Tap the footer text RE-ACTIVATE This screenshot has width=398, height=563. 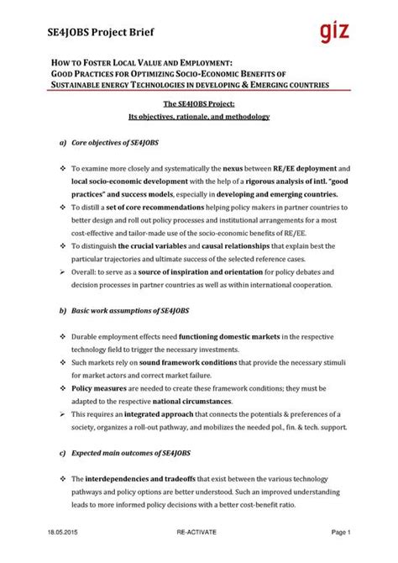tap(199, 555)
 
